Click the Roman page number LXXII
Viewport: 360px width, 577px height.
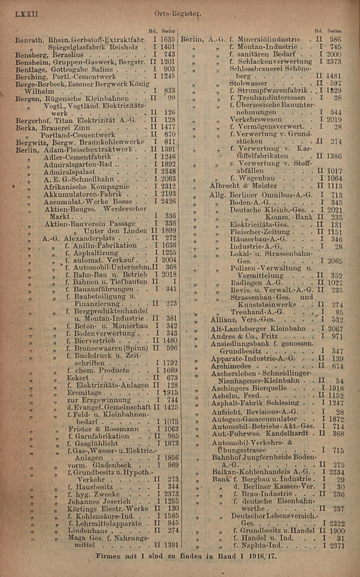(26, 14)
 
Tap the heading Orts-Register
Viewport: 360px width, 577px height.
(177, 14)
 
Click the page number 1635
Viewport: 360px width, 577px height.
(168, 40)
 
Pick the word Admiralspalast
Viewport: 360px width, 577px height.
(69, 172)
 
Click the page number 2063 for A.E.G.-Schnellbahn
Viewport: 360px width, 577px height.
(168, 179)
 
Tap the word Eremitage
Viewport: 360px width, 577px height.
(84, 393)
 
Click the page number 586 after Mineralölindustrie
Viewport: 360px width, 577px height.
(335, 40)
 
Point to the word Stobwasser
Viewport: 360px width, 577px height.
(248, 84)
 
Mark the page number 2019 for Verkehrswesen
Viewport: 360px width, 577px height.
(334, 120)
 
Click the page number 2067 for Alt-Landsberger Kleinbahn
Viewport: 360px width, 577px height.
(335, 329)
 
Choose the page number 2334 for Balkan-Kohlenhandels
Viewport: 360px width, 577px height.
(336, 472)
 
